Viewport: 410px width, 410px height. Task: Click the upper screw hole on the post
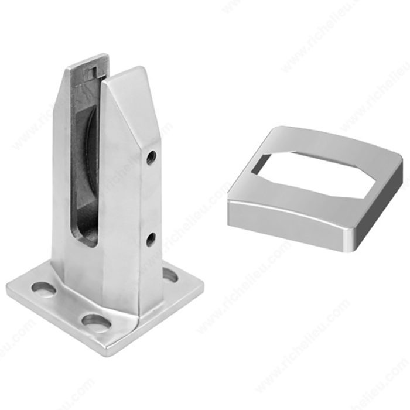pos(152,156)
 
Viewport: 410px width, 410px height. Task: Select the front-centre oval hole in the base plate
pos(96,321)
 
